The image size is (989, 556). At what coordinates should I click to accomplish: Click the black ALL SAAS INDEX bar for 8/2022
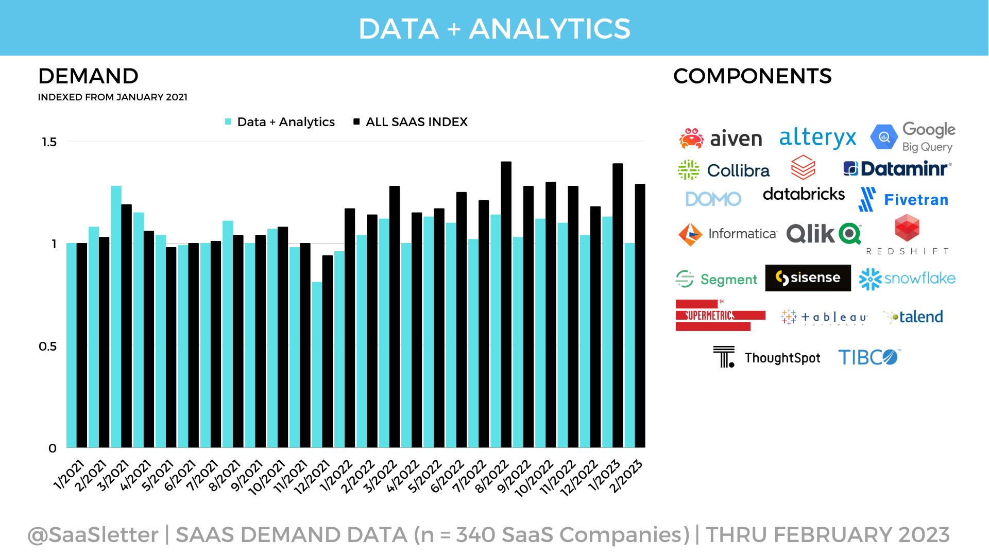click(506, 304)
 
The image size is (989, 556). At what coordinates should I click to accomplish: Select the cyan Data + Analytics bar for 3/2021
click(116, 317)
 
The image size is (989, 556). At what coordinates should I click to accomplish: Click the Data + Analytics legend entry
click(280, 122)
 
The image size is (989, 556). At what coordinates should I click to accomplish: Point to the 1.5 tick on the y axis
click(49, 142)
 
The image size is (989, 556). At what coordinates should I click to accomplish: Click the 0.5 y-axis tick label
click(48, 346)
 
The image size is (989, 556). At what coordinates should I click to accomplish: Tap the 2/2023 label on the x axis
click(626, 476)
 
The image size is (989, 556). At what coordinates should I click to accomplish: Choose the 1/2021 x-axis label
click(69, 475)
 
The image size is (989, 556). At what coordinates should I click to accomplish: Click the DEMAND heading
click(88, 76)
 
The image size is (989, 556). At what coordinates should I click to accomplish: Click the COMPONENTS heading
click(752, 76)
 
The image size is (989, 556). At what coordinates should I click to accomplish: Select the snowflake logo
click(907, 279)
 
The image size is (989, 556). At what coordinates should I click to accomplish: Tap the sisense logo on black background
click(808, 278)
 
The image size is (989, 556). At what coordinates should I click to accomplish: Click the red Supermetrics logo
click(719, 315)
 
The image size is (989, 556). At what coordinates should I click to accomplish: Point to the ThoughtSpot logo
click(767, 357)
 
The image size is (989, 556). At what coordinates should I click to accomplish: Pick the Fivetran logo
click(904, 200)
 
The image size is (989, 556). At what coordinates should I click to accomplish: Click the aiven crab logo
click(691, 138)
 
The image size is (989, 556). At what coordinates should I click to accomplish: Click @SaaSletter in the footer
click(93, 535)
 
